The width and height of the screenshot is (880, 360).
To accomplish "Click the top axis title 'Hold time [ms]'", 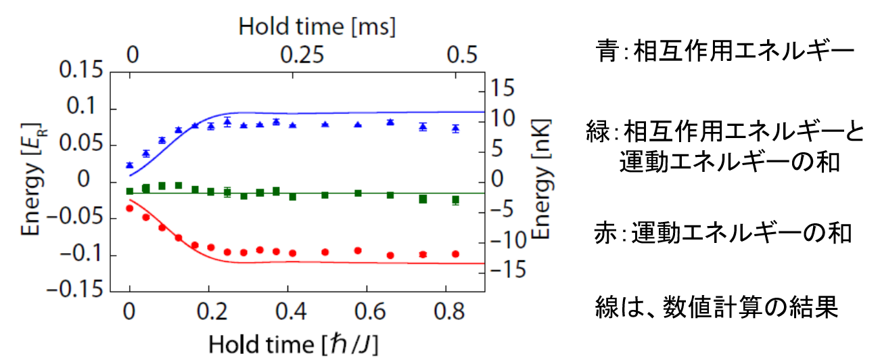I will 317,27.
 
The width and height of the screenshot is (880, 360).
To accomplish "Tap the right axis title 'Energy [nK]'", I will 541,180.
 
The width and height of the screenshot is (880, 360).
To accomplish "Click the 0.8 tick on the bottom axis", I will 446,312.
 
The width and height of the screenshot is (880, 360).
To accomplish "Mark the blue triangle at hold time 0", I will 130,164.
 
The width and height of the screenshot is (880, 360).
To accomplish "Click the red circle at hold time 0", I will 130,208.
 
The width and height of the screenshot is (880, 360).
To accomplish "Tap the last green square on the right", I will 455,200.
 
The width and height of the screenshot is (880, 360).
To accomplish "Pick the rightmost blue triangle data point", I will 455,127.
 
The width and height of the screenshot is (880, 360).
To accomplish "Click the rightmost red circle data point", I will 455,254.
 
